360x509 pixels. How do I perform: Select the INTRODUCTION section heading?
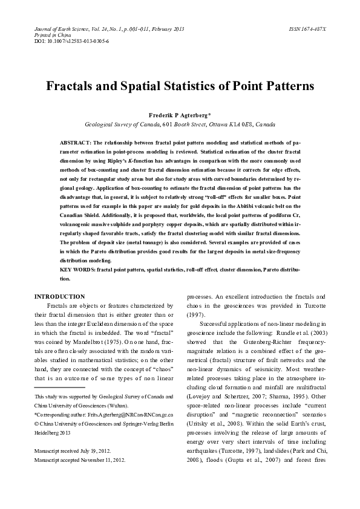coord(59,297)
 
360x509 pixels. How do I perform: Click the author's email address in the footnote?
coord(120,416)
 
